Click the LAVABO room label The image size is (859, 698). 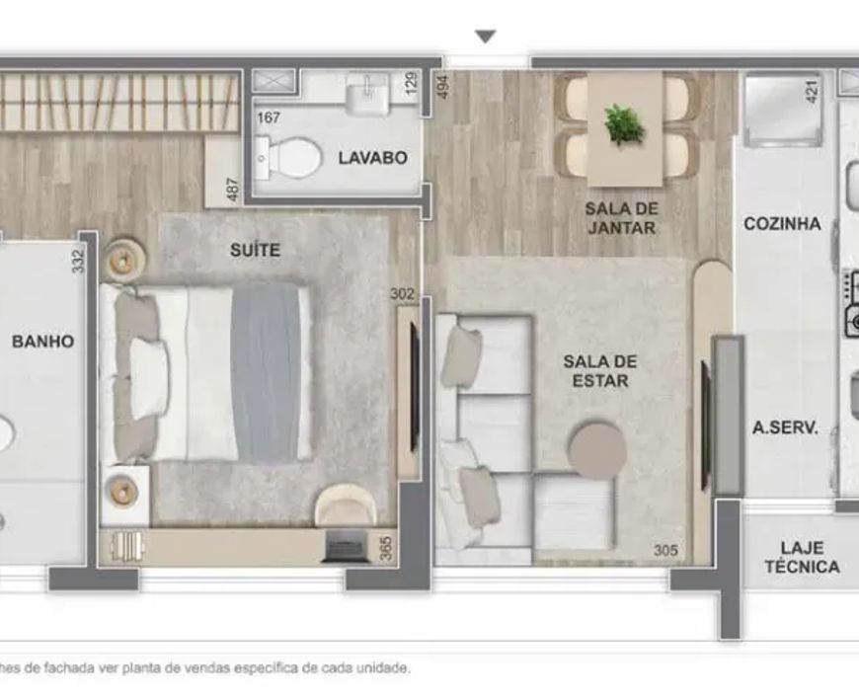(372, 158)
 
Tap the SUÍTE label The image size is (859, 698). (255, 250)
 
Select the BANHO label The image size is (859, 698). (42, 342)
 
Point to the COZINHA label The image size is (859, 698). (782, 223)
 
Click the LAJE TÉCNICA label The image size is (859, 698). (802, 557)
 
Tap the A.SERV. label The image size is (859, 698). (785, 427)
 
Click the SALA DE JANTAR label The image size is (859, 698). (621, 217)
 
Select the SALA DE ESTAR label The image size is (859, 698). (600, 370)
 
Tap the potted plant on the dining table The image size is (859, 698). (624, 124)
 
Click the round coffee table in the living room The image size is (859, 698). (597, 450)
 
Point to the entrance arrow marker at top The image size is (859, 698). (486, 37)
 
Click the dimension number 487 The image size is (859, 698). (233, 190)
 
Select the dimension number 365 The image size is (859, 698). (386, 549)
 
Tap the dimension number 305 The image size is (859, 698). (665, 550)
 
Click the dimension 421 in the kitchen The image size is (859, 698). (812, 92)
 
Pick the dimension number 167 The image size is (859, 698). (269, 117)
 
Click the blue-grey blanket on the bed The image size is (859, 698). (266, 373)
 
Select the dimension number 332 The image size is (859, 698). (78, 262)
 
